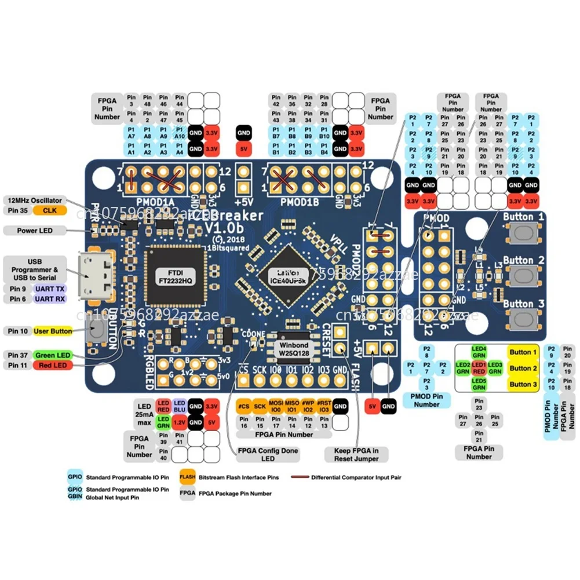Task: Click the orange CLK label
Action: (x=50, y=211)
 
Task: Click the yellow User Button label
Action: (x=53, y=331)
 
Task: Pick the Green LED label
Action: (x=53, y=355)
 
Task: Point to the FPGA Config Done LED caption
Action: (x=264, y=454)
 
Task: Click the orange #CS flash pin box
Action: (x=243, y=406)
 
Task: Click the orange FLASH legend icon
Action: (x=187, y=477)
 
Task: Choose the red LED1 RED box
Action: (x=479, y=367)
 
